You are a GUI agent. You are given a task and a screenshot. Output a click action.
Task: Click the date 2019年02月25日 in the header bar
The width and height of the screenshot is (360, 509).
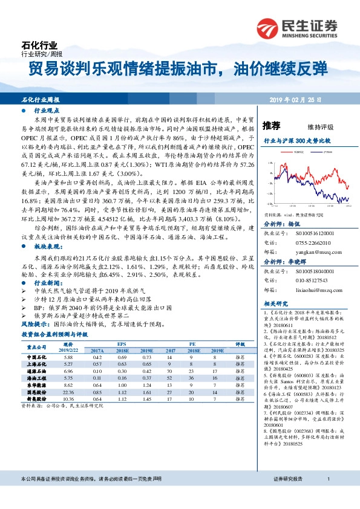click(309, 98)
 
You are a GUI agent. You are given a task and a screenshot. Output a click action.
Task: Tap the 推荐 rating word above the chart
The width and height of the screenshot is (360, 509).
click(272, 126)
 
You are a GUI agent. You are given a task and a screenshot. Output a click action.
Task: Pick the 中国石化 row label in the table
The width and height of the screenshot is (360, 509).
click(37, 357)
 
